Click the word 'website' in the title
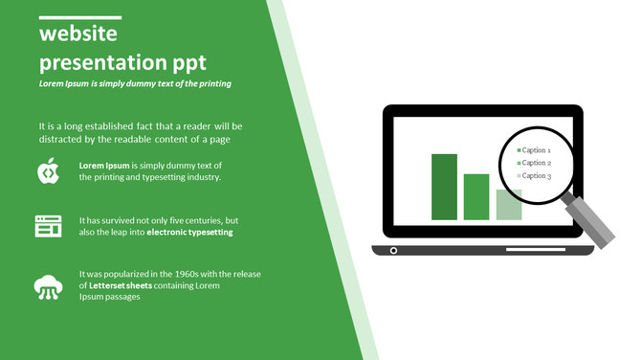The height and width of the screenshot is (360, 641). click(77, 35)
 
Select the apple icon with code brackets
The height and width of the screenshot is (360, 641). click(49, 171)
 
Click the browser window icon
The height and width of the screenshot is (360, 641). click(49, 227)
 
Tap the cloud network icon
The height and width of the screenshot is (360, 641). click(49, 285)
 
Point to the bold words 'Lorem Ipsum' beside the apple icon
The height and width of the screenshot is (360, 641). click(104, 166)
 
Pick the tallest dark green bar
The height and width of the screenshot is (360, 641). click(444, 186)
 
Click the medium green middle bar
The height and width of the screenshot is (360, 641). click(475, 196)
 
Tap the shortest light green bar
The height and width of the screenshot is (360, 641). click(508, 204)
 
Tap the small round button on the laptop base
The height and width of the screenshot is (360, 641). click(393, 251)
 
